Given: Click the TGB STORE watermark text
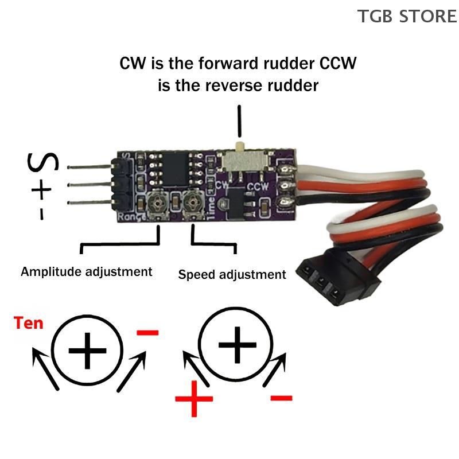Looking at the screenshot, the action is coord(407,15).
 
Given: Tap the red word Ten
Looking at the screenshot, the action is coord(29,323).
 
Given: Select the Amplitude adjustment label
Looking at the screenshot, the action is coord(87,271).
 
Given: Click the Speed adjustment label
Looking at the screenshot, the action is coord(232,274).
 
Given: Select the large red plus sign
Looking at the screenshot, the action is coord(194,399).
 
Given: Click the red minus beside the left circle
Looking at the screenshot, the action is coord(147,332).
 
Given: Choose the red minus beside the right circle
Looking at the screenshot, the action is coord(281,397).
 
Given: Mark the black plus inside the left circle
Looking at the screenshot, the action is coord(87,349).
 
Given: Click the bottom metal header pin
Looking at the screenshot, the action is coord(92,201).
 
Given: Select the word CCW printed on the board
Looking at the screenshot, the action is coord(257,187).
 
